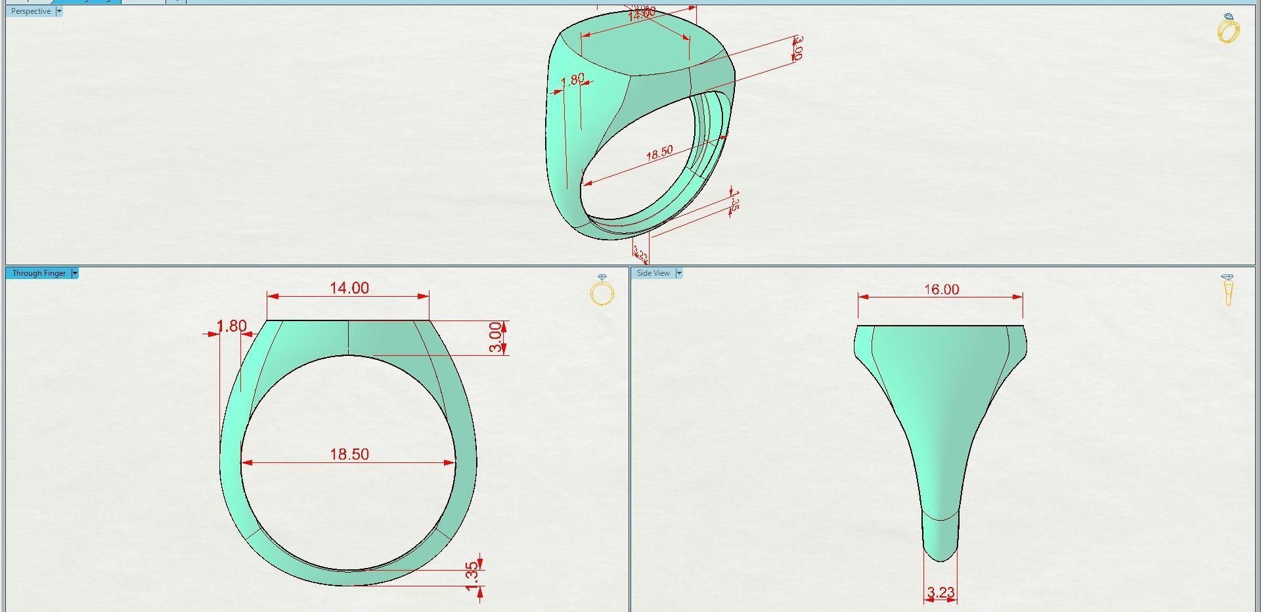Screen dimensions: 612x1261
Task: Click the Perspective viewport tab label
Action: click(30, 11)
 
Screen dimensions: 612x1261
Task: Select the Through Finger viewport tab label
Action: click(39, 273)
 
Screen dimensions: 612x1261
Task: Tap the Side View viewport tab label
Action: click(653, 273)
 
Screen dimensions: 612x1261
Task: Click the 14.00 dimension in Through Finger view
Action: click(349, 288)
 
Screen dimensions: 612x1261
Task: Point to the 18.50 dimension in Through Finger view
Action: click(349, 454)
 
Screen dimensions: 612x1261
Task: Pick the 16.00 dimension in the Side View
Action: click(941, 290)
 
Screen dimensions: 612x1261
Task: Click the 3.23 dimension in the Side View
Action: click(940, 593)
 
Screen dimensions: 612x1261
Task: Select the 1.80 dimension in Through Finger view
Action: click(232, 326)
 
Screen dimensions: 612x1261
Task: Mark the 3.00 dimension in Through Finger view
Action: click(496, 338)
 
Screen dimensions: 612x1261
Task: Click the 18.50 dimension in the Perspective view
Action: click(659, 153)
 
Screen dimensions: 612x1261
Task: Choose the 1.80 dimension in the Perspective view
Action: click(573, 79)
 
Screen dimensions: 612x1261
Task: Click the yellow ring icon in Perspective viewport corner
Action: click(1228, 29)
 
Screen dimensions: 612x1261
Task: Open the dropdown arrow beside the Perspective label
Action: click(59, 11)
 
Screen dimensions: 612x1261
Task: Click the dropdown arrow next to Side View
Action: click(679, 273)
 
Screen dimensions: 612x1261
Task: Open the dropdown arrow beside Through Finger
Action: click(75, 273)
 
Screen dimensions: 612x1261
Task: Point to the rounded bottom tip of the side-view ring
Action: click(940, 555)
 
